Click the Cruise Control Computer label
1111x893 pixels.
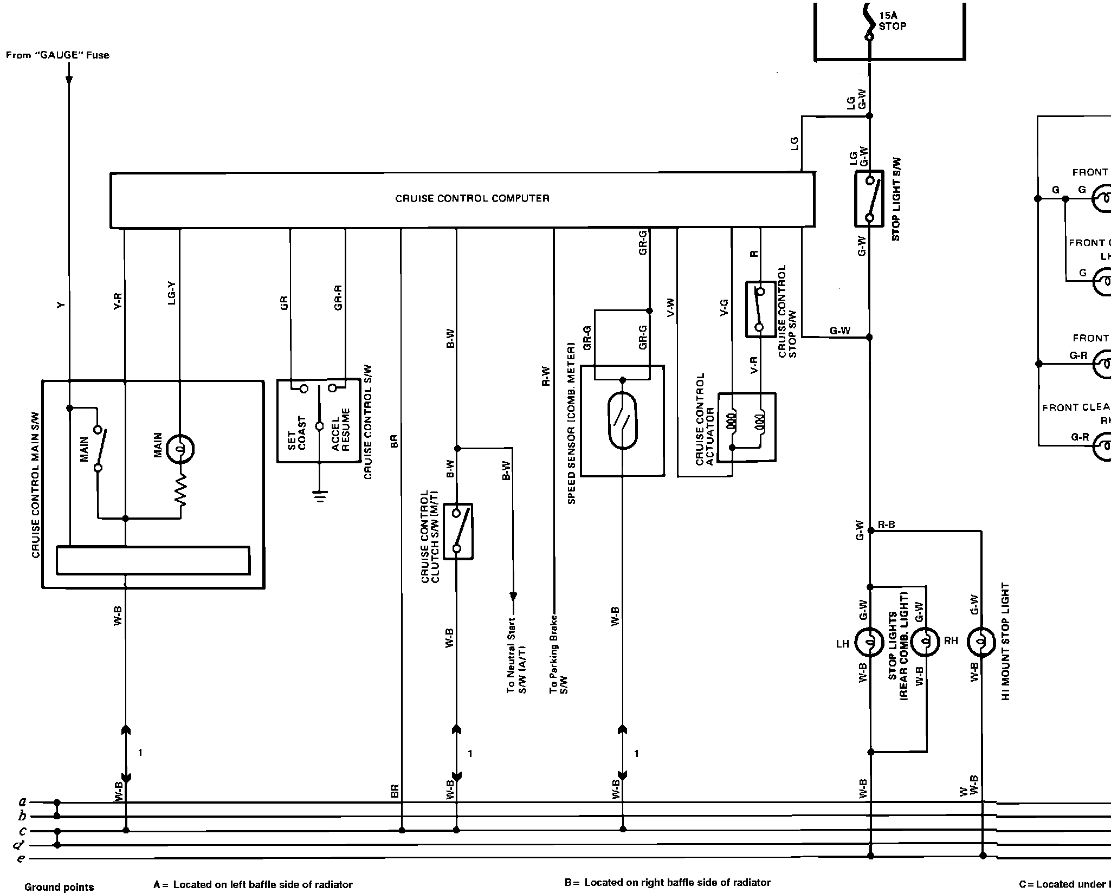[472, 198]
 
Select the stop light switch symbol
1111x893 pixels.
[869, 199]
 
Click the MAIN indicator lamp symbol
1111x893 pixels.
[180, 449]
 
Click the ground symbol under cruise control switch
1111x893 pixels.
[320, 496]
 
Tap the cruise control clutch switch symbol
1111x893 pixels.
[458, 532]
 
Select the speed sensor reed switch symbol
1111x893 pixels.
[623, 420]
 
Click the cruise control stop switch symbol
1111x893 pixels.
[760, 309]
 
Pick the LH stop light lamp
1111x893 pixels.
[869, 643]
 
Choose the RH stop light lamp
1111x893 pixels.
[925, 643]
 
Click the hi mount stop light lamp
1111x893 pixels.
[981, 643]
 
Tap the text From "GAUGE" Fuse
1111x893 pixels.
[57, 55]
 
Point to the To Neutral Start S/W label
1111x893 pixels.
[516, 662]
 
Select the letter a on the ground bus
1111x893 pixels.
[22, 801]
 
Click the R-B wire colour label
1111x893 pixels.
[886, 525]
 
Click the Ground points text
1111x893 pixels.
[59, 887]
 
